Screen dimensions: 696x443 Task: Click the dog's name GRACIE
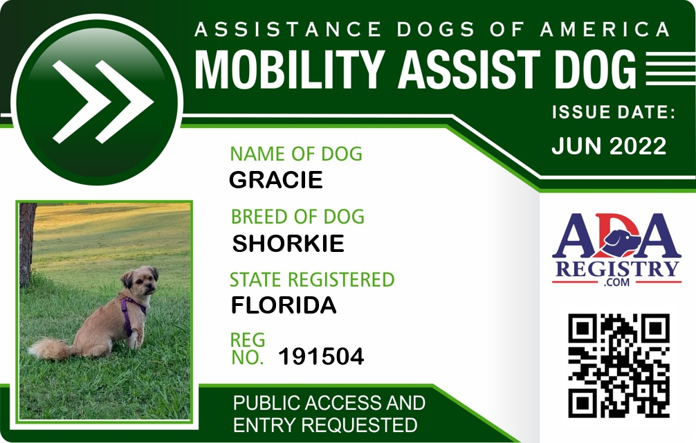tap(275, 180)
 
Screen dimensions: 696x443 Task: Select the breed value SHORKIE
tap(288, 243)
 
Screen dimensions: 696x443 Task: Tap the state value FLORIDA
tap(284, 305)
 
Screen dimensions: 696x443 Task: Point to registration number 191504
tap(321, 356)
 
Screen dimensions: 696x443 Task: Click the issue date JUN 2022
tap(609, 145)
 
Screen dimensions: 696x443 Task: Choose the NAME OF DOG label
tap(296, 154)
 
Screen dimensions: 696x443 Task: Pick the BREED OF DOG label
tap(297, 217)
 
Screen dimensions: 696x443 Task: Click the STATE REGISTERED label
tap(311, 280)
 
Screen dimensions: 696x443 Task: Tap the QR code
tap(619, 365)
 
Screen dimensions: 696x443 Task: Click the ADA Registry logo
tap(616, 249)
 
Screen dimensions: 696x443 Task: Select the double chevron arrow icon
tap(103, 102)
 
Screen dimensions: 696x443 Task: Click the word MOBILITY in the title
tap(289, 70)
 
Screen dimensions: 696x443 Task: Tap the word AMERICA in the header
tap(605, 29)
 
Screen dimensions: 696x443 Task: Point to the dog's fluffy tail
tap(50, 348)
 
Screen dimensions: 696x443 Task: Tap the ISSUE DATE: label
tap(614, 112)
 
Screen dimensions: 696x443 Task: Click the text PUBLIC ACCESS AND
tap(329, 403)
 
